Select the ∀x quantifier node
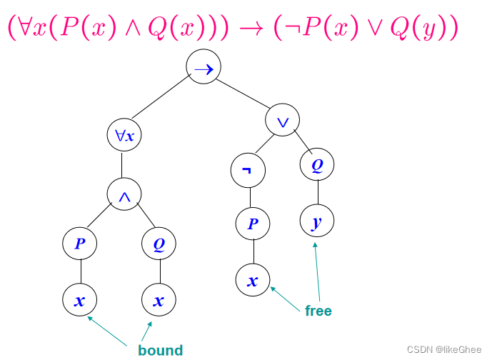coord(124,135)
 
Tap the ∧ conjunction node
coord(124,194)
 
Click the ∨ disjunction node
coord(283,120)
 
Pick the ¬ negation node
coord(248,171)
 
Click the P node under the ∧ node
coord(80,244)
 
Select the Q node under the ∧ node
coord(159,244)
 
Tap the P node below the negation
coord(253,223)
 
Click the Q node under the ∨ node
coord(317,166)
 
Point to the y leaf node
coord(316,222)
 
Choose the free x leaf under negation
coord(253,279)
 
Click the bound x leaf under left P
coord(80,300)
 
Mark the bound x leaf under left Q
coord(159,300)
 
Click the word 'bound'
coord(161,350)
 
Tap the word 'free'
coord(318,311)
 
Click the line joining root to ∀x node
coord(159,98)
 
